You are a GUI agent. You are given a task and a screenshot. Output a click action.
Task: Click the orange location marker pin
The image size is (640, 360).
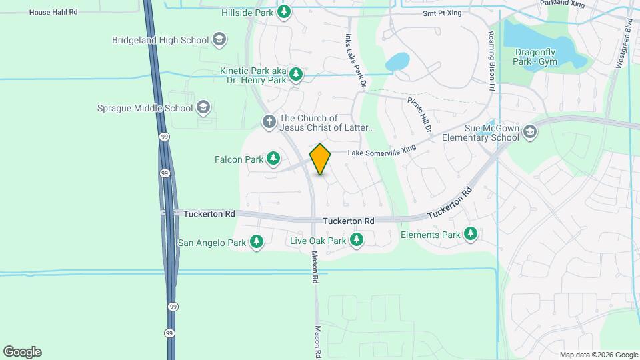[x=321, y=159]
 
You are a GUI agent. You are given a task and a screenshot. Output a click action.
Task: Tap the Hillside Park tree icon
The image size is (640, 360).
[x=285, y=12]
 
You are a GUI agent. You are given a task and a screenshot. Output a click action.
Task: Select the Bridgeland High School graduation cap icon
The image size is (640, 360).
[x=219, y=40]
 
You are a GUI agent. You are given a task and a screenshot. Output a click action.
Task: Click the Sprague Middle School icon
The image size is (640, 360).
[x=203, y=108]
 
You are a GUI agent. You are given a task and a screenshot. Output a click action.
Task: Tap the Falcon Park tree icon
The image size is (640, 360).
[x=273, y=159]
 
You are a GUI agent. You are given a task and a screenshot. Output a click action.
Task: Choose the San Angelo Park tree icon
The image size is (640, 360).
[x=257, y=243]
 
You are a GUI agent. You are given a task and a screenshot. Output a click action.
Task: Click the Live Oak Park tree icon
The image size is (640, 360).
[x=357, y=240]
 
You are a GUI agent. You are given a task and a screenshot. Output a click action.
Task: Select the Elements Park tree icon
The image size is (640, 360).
[x=471, y=234]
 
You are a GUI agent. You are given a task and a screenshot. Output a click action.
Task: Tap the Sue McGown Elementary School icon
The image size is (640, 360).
[x=530, y=131]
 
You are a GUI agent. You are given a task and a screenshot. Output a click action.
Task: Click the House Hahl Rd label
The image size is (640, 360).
[x=54, y=12]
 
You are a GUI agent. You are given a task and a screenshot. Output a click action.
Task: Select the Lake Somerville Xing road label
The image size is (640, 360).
[x=381, y=152]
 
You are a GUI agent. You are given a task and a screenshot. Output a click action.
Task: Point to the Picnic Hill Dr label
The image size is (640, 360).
[x=420, y=114]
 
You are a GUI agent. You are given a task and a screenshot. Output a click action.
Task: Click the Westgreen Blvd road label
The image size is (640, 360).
[x=628, y=43]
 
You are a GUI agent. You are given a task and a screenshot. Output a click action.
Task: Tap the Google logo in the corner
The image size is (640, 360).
[x=22, y=352]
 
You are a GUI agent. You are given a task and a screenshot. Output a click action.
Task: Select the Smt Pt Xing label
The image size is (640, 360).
[x=442, y=13]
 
